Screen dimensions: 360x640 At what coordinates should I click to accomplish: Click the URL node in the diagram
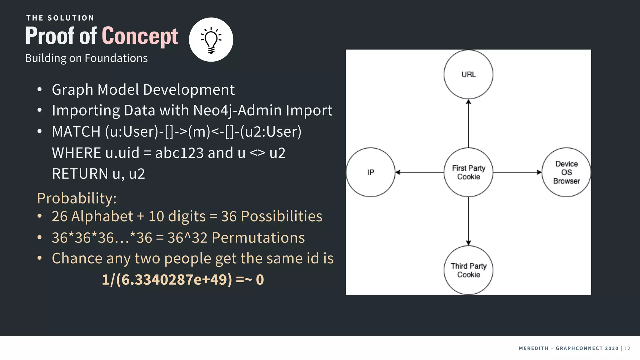coord(468,74)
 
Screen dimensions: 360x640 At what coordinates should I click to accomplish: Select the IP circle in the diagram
coord(371,172)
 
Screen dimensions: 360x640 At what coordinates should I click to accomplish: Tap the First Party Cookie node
coord(468,172)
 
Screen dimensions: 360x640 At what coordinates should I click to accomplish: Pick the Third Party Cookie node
coord(468,270)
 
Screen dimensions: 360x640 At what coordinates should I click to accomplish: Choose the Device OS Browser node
coord(566,172)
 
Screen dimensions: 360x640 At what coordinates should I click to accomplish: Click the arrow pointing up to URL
coord(468,123)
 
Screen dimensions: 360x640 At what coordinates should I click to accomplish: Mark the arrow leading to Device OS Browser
coord(517,172)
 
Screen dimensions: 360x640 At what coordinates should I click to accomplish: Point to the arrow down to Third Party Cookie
coord(468,221)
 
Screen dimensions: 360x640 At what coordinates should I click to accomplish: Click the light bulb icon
coord(211,40)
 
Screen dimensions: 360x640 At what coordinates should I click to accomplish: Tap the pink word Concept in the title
coord(140,36)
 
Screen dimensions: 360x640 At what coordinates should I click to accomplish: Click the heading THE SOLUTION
coord(60,18)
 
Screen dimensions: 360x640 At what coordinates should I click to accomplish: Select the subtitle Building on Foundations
coord(86,58)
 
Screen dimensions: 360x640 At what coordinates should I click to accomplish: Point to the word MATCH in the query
coord(76,132)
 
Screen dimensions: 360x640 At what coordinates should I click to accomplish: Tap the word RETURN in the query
coord(80,174)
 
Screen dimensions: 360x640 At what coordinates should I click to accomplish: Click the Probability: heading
coord(77,198)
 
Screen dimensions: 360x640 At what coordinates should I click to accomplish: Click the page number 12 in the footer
coord(627,348)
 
